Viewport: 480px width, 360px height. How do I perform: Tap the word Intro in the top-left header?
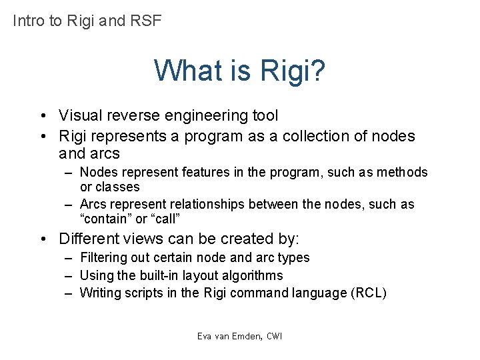(29, 21)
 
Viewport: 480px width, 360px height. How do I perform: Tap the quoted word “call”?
(165, 219)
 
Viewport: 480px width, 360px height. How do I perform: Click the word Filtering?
(105, 257)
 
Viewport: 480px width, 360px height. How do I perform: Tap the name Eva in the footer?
(204, 336)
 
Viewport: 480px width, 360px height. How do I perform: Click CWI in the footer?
(273, 336)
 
